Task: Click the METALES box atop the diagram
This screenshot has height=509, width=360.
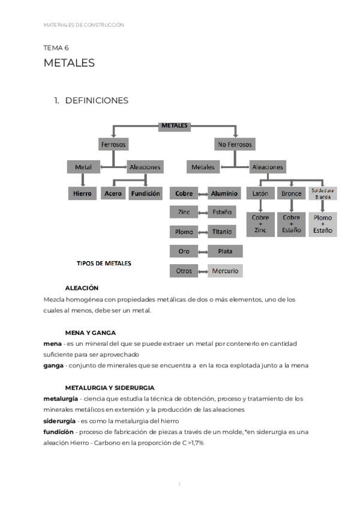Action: pos(175,126)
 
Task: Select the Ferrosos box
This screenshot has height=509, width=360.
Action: pos(114,145)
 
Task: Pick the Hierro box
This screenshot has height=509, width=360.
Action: pos(82,194)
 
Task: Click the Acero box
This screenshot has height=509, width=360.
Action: pos(113,194)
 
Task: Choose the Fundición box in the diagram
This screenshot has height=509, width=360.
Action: pos(145,194)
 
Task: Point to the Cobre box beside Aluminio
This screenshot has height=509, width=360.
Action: pos(184,194)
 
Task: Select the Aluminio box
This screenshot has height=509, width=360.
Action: pos(225,194)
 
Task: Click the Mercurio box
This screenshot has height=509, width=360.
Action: pos(225,271)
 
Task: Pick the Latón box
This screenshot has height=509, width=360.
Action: pos(260,194)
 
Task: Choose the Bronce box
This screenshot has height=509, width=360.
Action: pos(292,194)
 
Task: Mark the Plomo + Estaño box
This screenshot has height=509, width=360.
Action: pos(323,224)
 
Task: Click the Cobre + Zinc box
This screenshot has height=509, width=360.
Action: pos(260,224)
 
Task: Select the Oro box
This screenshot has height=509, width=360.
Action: pos(184,251)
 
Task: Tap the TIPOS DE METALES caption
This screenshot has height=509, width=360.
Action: pos(104,263)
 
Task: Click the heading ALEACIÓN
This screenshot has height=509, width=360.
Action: pos(82,288)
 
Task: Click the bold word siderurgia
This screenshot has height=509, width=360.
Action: pos(59,421)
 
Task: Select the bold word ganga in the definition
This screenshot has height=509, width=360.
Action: pos(53,366)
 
